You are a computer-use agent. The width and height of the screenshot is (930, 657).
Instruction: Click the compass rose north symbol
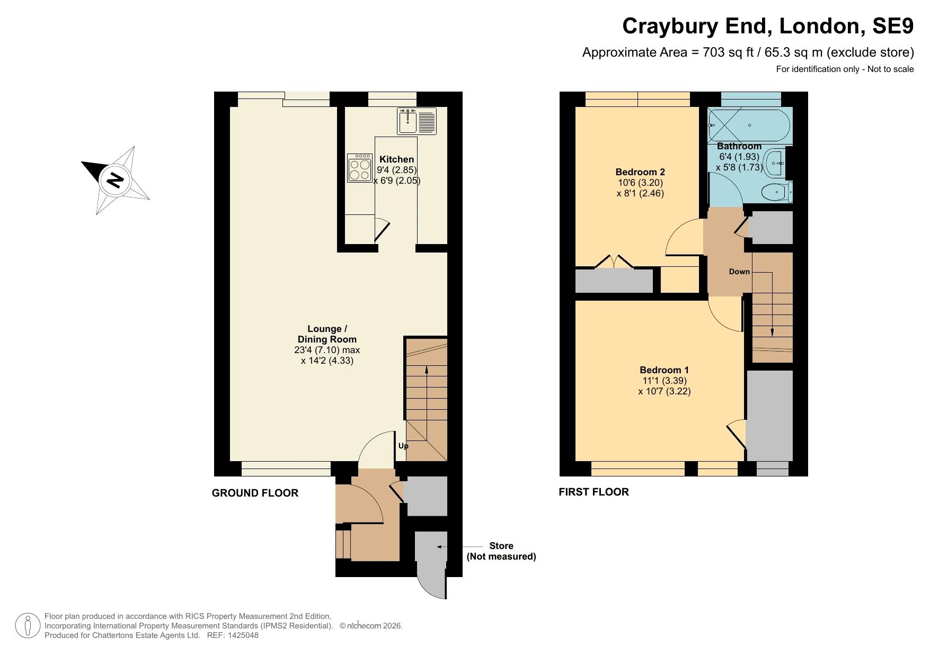coord(115,180)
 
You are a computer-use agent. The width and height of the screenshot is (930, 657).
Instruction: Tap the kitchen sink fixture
coord(416,121)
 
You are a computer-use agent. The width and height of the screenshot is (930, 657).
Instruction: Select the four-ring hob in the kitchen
coord(360,168)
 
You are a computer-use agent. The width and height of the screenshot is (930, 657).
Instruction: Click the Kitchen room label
coord(397,159)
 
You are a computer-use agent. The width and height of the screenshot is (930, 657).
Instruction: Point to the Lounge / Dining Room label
coord(327,334)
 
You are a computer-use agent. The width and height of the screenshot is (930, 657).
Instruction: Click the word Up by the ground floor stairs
coord(403,446)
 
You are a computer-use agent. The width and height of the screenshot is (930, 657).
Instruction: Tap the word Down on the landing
coord(739,272)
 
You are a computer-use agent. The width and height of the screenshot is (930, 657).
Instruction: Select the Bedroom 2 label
coord(640,172)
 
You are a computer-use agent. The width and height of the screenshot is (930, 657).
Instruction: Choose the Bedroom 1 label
coord(664,370)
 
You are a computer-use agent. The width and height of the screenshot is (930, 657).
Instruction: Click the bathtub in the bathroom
coord(749,125)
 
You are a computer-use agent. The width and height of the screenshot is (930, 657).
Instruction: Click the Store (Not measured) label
coord(501,551)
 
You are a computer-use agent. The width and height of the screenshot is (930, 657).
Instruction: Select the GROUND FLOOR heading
coord(255,493)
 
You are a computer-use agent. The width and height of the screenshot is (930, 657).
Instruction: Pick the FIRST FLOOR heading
coord(594,492)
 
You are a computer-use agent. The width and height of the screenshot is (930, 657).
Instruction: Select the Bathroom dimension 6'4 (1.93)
coord(739,157)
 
